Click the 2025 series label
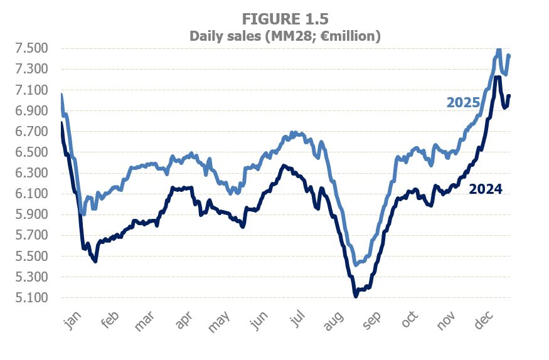click(463, 103)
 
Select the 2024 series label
click(486, 189)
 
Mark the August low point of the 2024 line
click(356, 295)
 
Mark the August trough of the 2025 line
click(356, 265)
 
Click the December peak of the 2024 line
click(497, 77)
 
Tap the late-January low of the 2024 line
click(95, 260)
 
